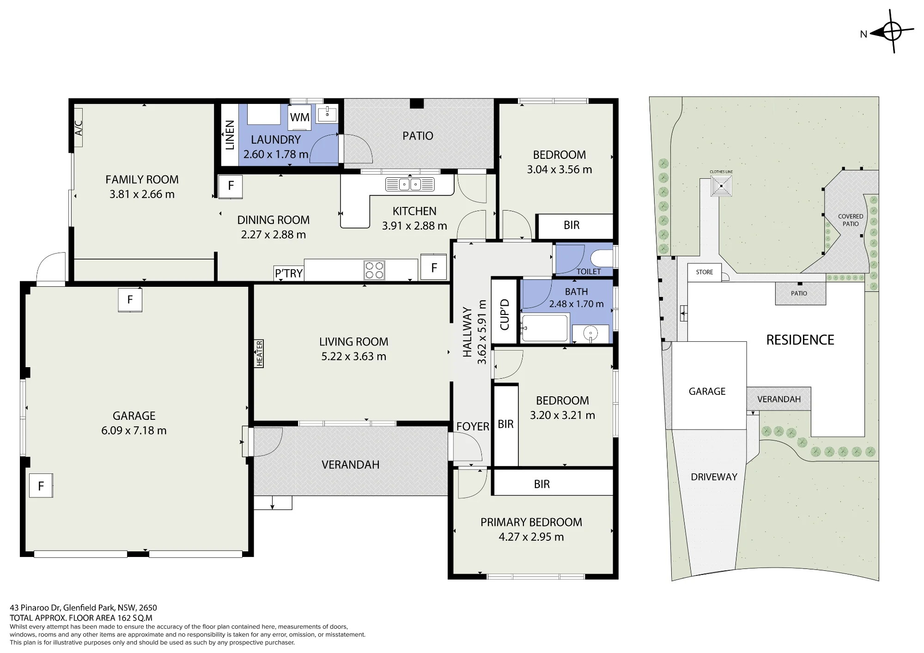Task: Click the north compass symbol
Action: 893,32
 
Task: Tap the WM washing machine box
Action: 299,117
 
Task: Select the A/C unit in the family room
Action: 79,127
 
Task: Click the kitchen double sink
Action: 410,185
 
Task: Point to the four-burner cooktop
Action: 374,270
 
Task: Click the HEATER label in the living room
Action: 259,354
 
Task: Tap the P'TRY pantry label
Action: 289,273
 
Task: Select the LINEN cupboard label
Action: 230,135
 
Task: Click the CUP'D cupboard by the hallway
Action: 504,314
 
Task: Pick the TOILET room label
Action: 589,272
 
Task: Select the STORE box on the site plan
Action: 705,272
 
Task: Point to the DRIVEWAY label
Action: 714,477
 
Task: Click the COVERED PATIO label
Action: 851,220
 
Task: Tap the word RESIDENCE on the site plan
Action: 800,340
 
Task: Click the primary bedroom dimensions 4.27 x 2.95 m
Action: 531,537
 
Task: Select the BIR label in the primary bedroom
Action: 542,484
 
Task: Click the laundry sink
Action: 327,113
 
